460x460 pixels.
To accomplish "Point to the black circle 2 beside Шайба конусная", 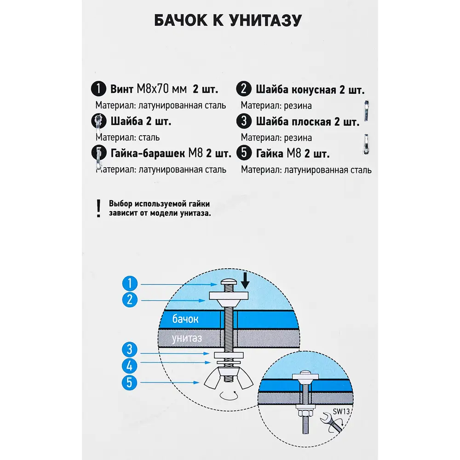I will pyautogui.click(x=243, y=89).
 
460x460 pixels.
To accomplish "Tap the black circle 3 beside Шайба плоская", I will pyautogui.click(x=243, y=121).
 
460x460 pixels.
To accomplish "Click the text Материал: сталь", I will pyautogui.click(x=128, y=137).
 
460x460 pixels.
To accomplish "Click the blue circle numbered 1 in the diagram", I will pyautogui.click(x=131, y=283).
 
